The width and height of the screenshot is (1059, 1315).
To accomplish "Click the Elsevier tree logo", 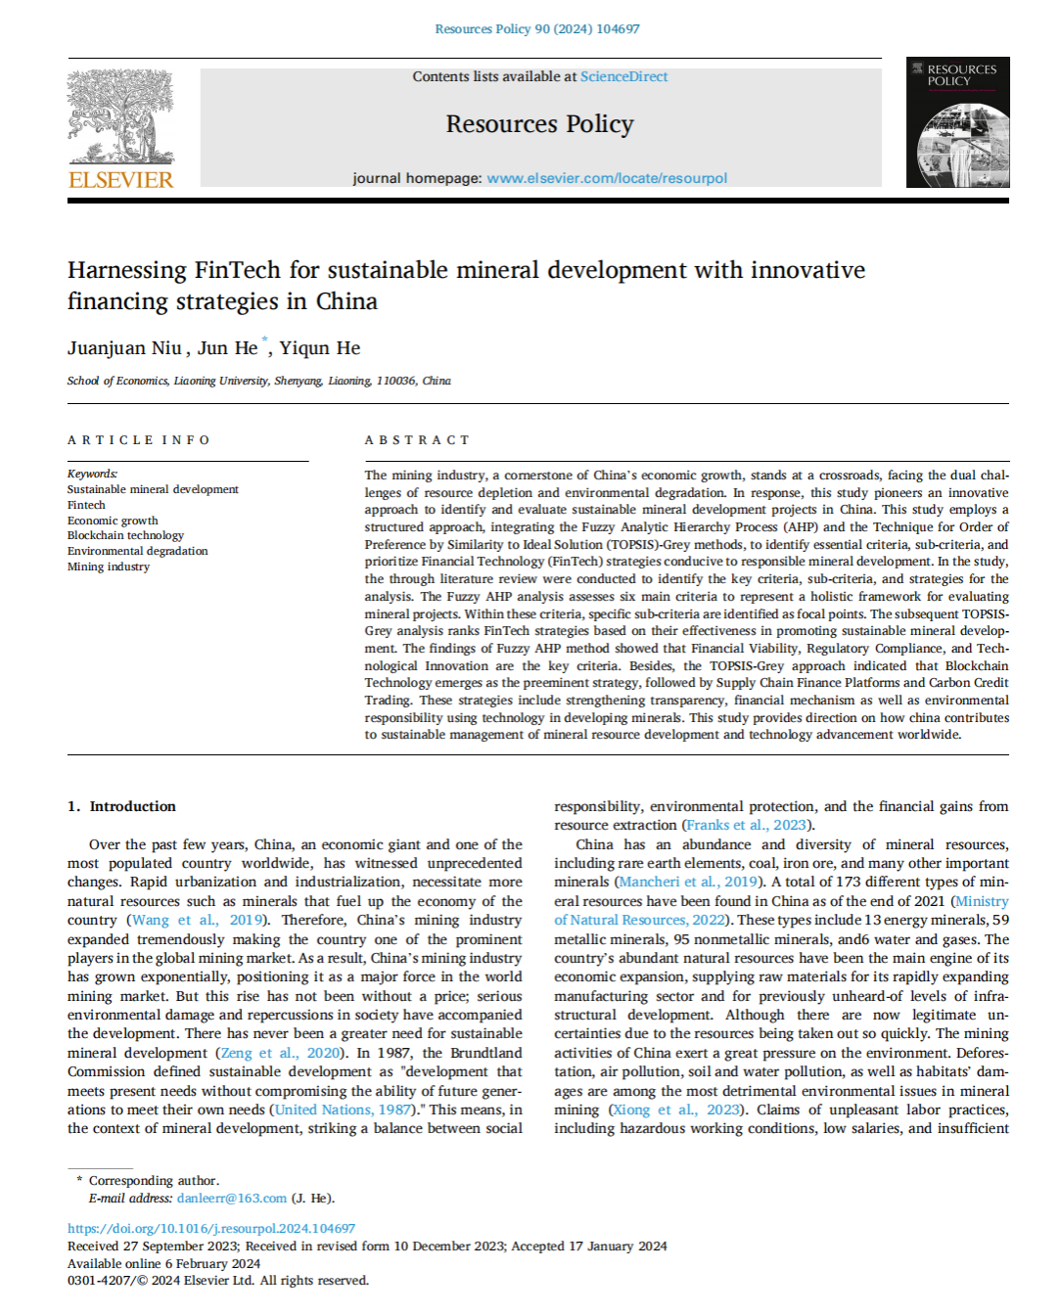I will [120, 115].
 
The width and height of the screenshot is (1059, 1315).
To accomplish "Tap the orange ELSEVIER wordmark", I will [120, 180].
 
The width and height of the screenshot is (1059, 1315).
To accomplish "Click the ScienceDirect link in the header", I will [623, 76].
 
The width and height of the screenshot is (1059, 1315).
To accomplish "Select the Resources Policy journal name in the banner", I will [539, 124].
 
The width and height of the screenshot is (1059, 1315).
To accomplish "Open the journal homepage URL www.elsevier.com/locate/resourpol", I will [607, 178].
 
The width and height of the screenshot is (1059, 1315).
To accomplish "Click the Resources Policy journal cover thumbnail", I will [957, 122].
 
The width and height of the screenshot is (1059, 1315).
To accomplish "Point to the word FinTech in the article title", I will [237, 270].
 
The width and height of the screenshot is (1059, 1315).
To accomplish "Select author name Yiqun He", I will [320, 348].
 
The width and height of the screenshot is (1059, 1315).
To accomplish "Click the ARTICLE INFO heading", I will [139, 440].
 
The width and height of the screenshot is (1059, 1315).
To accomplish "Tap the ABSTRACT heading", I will [417, 440].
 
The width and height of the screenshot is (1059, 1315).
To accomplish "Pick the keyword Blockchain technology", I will [125, 535].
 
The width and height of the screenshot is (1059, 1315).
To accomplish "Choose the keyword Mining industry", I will [109, 567].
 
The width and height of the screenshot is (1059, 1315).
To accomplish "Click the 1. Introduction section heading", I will [122, 806].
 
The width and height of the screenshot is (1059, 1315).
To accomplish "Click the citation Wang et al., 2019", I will [197, 920].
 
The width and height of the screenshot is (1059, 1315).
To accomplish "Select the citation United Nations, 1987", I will [343, 1110].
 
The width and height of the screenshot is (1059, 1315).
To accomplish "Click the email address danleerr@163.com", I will [232, 1198].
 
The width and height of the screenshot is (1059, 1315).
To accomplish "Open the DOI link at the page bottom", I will [211, 1228].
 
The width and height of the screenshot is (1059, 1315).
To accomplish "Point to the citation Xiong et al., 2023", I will [676, 1110].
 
